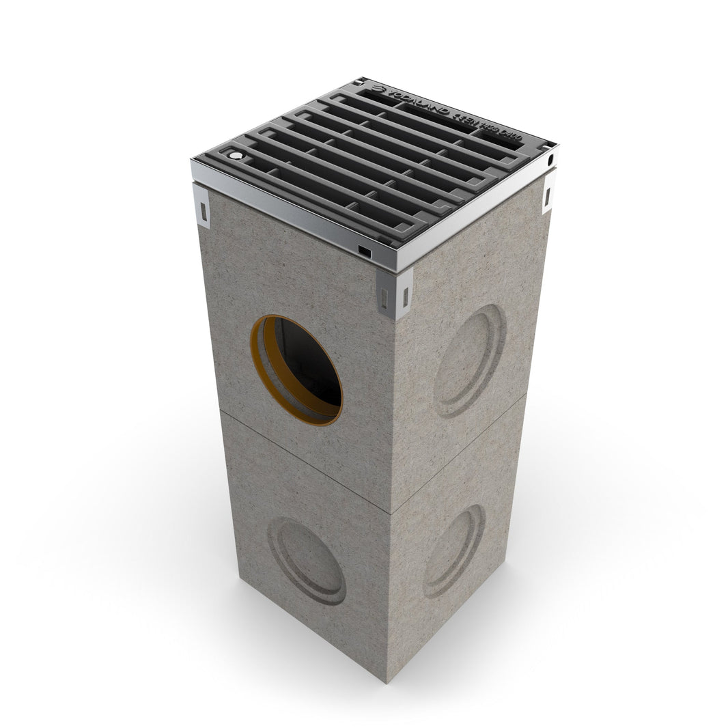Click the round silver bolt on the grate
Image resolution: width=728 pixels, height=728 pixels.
point(236,156)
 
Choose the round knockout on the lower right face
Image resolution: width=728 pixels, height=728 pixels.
point(453,552)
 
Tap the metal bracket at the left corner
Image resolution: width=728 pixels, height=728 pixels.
point(204,204)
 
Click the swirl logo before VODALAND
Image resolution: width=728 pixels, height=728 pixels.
point(376,89)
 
